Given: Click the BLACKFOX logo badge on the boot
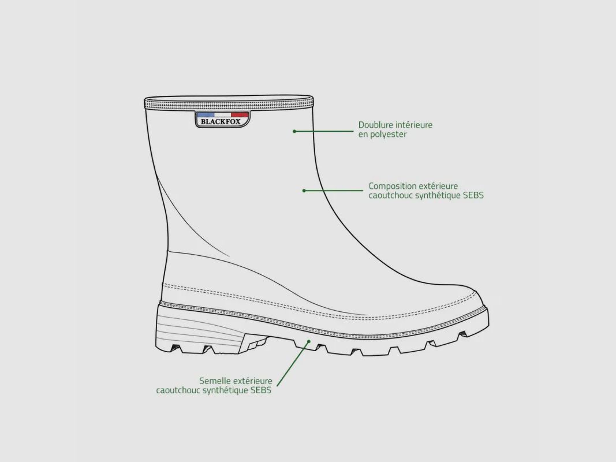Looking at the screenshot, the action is (x=222, y=120).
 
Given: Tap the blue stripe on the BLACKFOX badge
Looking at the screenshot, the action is (x=206, y=115).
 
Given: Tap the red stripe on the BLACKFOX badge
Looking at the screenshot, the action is (x=240, y=115).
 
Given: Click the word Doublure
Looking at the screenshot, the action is (x=376, y=125).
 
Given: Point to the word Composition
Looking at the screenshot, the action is (x=392, y=186).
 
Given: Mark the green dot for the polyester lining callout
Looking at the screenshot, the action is (x=294, y=131).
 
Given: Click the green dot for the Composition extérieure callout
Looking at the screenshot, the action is (x=304, y=191).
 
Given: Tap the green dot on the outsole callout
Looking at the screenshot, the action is (x=309, y=341).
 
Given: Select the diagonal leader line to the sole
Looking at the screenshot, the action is (x=293, y=364).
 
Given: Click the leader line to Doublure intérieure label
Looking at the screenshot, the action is (x=324, y=131).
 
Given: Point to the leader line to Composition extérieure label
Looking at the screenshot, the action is (x=334, y=191).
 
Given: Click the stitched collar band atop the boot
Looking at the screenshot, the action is (x=229, y=104).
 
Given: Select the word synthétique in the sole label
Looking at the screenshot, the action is (x=228, y=390).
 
